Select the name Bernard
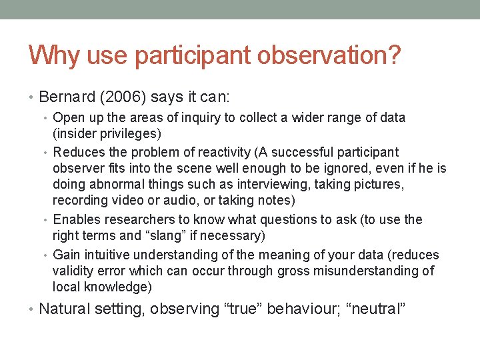tap(69, 97)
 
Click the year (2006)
tap(125, 97)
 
